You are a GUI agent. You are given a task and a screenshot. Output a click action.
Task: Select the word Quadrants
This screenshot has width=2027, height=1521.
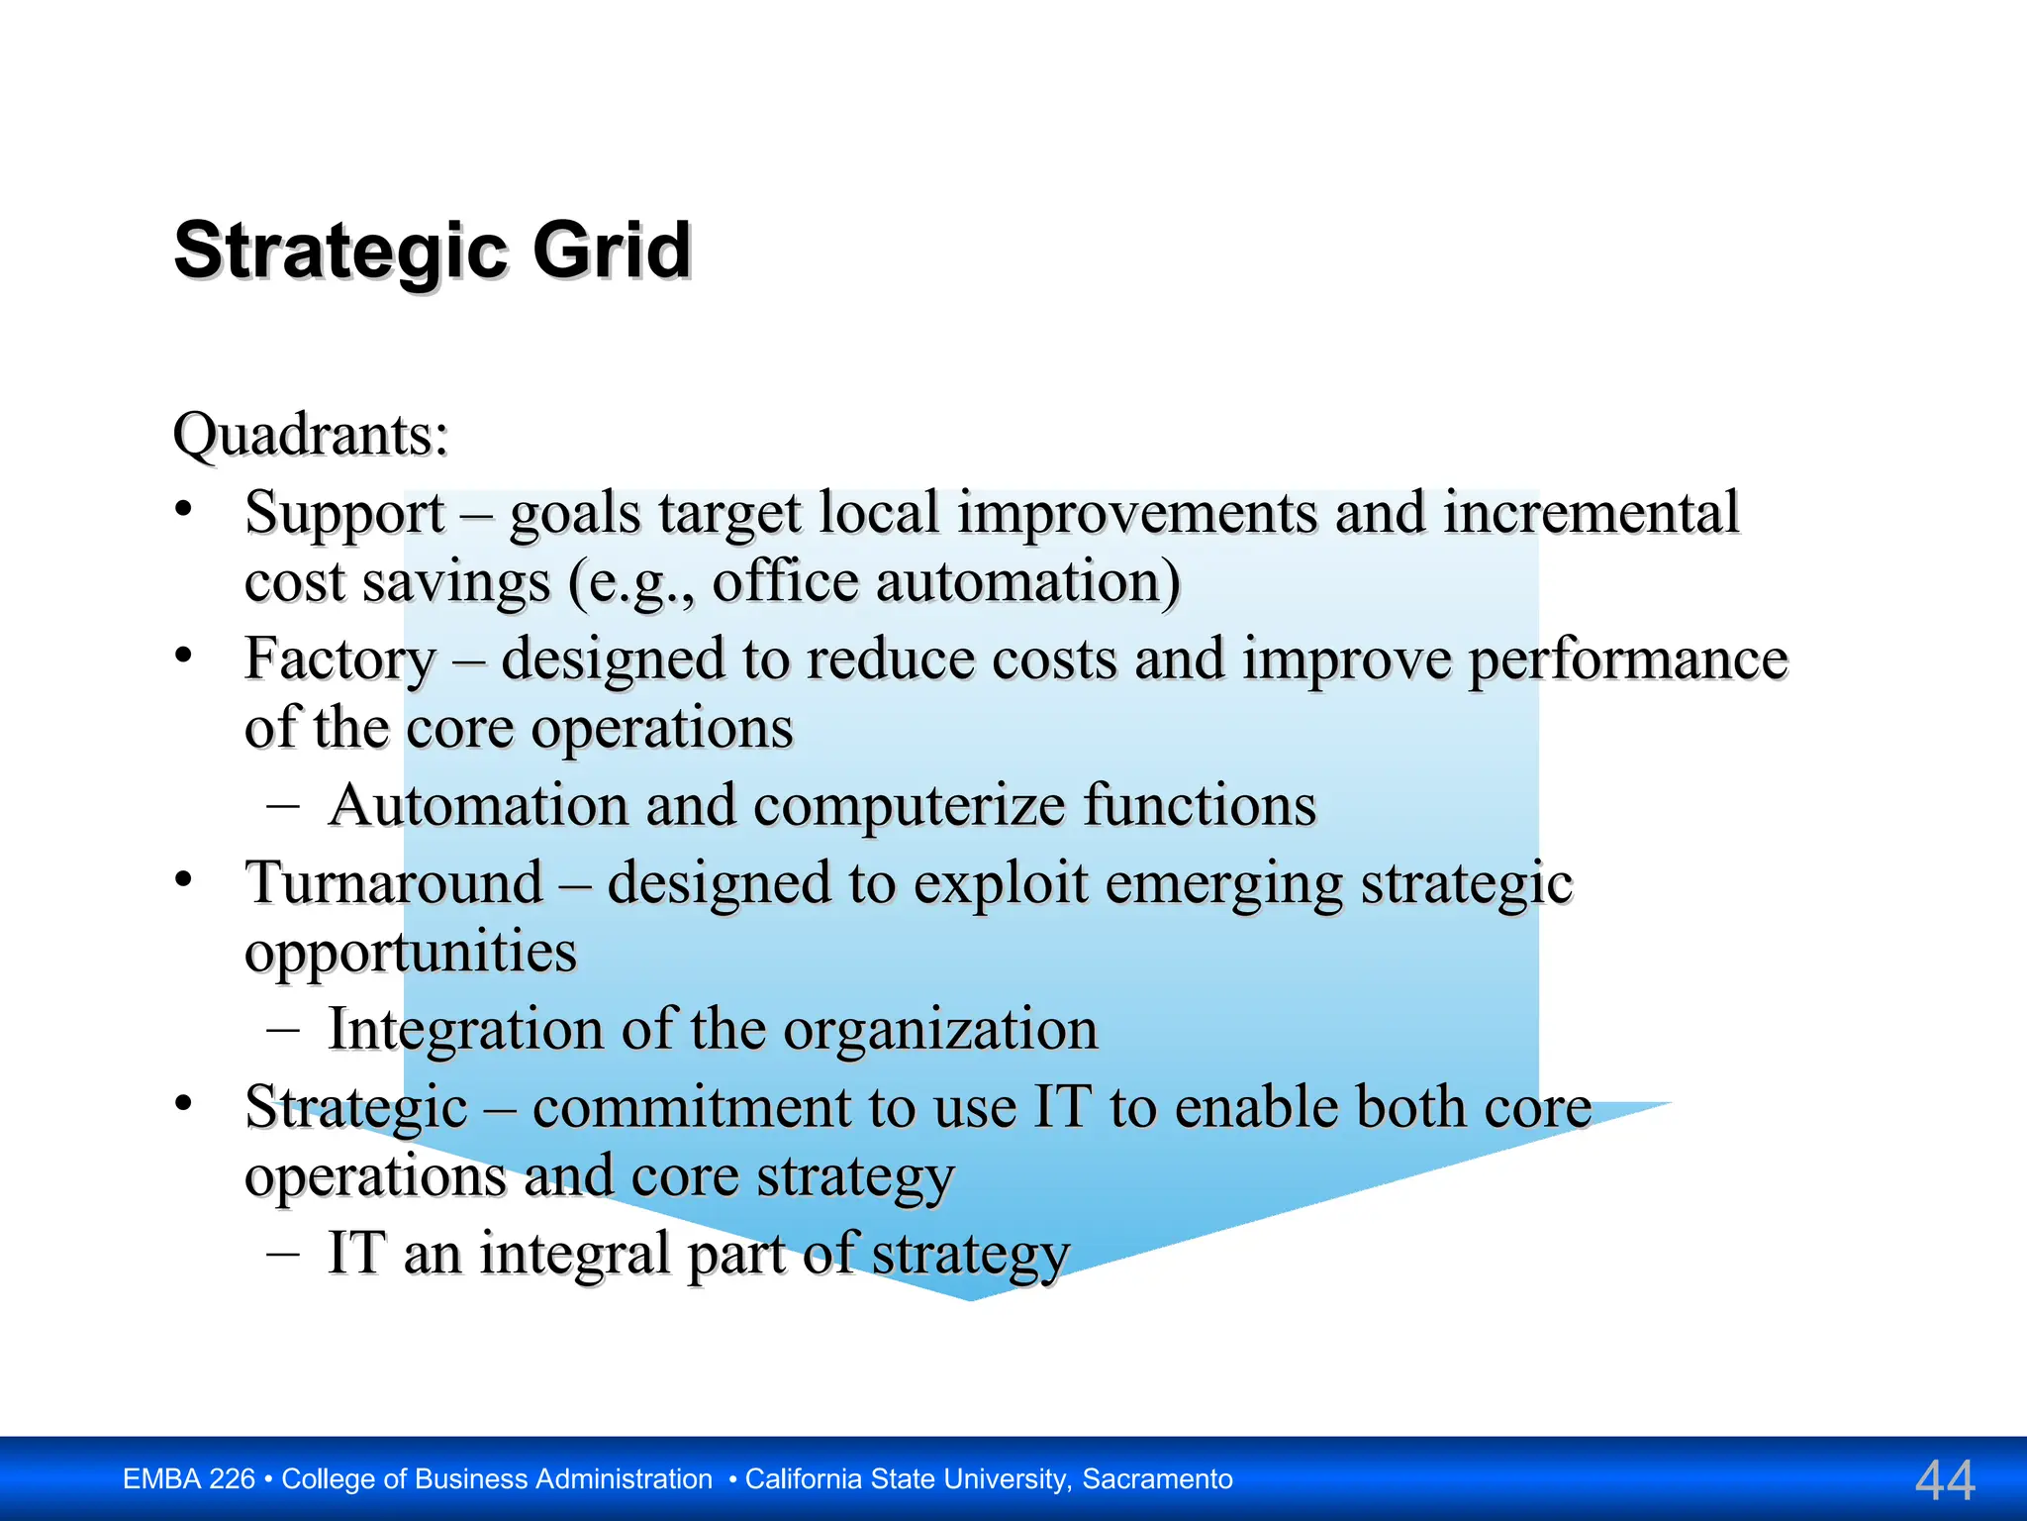pyautogui.click(x=310, y=435)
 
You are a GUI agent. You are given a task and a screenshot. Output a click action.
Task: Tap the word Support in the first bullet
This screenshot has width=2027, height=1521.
pyautogui.click(x=344, y=515)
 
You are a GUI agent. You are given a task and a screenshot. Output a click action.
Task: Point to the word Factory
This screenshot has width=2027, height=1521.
pyautogui.click(x=339, y=659)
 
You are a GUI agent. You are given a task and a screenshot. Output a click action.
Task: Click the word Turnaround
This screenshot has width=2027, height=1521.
pyautogui.click(x=394, y=883)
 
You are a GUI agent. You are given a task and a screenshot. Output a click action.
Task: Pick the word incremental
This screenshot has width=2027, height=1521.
pyautogui.click(x=1590, y=513)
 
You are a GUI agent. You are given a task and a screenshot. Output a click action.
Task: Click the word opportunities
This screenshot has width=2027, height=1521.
pyautogui.click(x=410, y=953)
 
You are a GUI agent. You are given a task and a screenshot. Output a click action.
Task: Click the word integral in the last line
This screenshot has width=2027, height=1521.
pyautogui.click(x=575, y=1254)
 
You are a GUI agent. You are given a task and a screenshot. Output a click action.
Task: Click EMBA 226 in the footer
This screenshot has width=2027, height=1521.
pyautogui.click(x=188, y=1479)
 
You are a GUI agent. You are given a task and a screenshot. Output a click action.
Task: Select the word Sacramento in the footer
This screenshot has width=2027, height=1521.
pyautogui.click(x=1157, y=1479)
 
